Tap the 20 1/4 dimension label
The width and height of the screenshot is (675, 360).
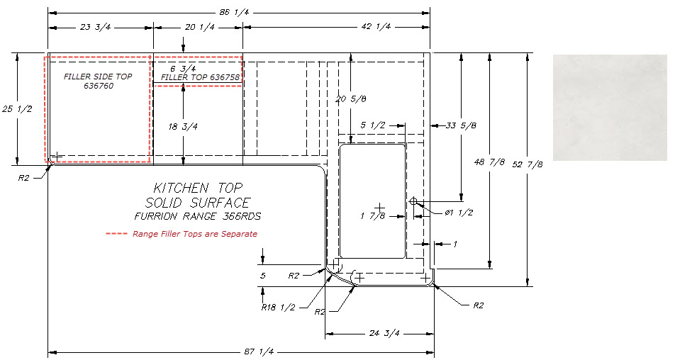(199, 27)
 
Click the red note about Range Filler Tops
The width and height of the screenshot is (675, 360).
(194, 234)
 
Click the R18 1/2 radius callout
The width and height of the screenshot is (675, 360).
(278, 308)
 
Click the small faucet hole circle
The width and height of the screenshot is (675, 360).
(413, 202)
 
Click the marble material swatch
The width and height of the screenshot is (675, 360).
(610, 107)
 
